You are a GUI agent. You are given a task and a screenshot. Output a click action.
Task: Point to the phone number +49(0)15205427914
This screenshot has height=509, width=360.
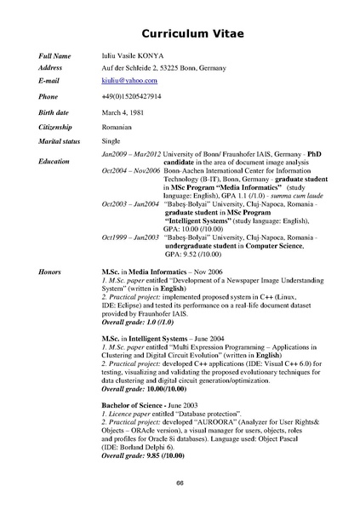pyautogui.click(x=131, y=97)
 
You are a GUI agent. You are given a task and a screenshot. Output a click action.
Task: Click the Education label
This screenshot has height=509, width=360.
pyautogui.click(x=54, y=161)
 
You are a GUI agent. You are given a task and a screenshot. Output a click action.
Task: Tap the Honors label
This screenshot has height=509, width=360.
pyautogui.click(x=49, y=270)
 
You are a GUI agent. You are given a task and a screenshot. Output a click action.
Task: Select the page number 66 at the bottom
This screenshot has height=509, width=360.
pyautogui.click(x=180, y=483)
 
